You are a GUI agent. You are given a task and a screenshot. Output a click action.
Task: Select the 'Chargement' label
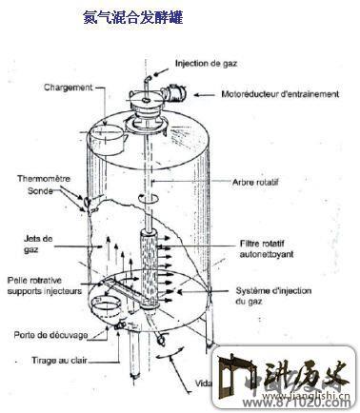tap(69, 87)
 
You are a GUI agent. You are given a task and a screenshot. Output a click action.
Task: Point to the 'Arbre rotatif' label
tap(256, 181)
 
